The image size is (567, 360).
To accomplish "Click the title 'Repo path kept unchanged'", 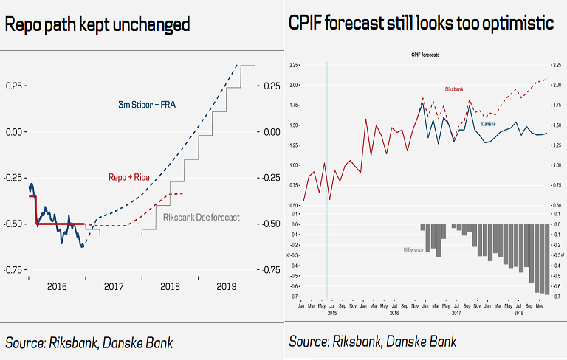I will (97, 24).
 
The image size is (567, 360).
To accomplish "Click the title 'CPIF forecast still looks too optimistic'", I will (422, 24).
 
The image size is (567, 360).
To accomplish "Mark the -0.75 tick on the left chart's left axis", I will (13, 269).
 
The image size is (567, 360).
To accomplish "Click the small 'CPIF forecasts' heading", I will (425, 55).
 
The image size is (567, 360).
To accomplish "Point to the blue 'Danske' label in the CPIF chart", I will (488, 124).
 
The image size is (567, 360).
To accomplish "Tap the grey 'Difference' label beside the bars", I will (413, 249).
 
